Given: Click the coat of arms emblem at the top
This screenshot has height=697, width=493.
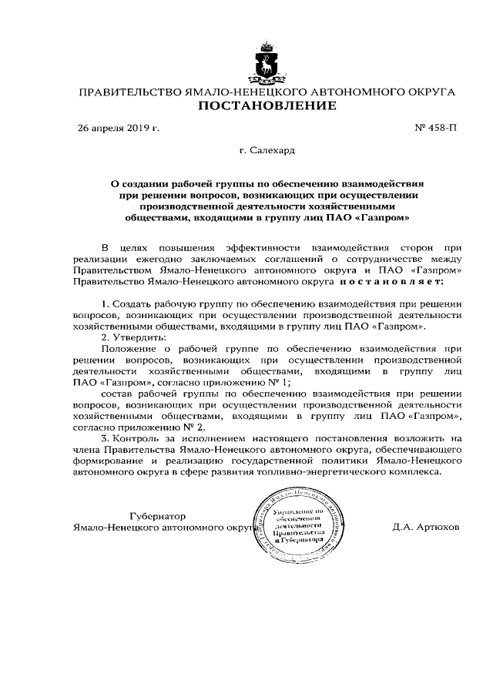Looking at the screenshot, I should point(267,65).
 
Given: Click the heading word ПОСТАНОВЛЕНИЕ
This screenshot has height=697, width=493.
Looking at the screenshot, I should point(267,106).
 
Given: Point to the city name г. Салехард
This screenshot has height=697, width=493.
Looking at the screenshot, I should point(267,151).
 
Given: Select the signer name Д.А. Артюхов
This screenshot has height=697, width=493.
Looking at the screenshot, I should point(425,528).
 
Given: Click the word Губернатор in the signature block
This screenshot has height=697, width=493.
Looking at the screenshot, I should point(158,515).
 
